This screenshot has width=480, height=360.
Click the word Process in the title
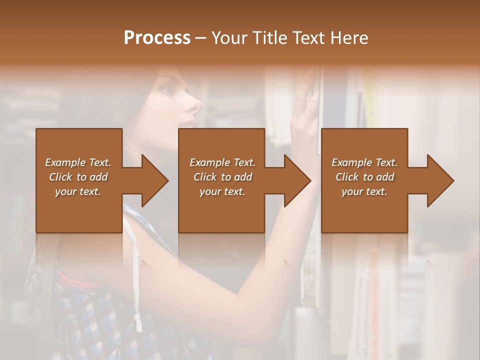click(x=157, y=38)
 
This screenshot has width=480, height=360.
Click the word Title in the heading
click(x=269, y=38)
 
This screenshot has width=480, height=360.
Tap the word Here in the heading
click(x=347, y=38)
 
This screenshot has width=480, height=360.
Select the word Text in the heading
click(x=307, y=38)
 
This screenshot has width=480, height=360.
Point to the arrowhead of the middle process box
click(x=296, y=180)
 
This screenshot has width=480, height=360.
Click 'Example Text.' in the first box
click(x=78, y=162)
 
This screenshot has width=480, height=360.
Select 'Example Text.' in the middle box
click(x=222, y=162)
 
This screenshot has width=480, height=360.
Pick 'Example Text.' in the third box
click(x=364, y=162)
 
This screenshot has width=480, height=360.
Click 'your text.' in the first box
click(x=78, y=191)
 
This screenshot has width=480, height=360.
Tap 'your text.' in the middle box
click(x=222, y=191)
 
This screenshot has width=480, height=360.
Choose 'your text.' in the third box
click(x=364, y=191)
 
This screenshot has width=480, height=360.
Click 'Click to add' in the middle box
click(x=222, y=177)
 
